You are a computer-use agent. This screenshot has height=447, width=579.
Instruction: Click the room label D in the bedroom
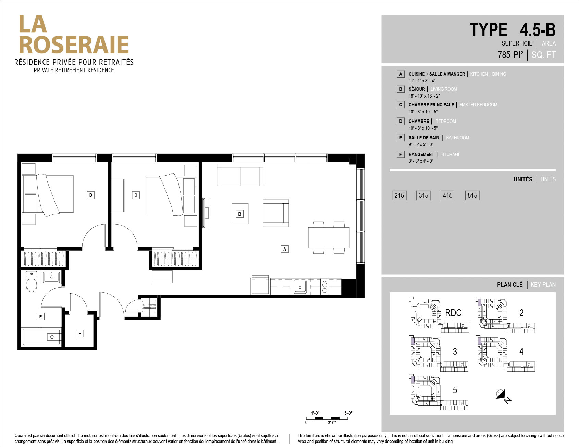[x=90, y=195]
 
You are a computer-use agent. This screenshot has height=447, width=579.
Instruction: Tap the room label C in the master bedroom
[x=136, y=195]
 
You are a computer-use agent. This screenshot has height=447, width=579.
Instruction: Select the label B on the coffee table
[x=239, y=214]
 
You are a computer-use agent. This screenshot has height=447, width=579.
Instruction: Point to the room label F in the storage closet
[x=79, y=333]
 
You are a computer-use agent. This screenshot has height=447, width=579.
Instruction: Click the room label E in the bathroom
[x=40, y=317]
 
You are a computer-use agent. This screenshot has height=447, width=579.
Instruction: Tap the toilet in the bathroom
[x=32, y=281]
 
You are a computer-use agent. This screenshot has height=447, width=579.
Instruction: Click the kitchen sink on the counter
[x=300, y=286]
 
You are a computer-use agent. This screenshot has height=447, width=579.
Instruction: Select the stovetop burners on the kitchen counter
[x=325, y=287]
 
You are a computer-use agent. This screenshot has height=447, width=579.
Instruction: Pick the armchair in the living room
[x=276, y=213]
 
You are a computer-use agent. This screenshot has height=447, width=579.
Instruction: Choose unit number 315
[x=423, y=195]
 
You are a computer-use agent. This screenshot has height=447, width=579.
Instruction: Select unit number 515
[x=472, y=195]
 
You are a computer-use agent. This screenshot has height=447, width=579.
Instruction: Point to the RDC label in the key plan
[x=453, y=313]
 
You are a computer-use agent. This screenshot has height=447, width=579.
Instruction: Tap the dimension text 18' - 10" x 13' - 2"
[x=424, y=96]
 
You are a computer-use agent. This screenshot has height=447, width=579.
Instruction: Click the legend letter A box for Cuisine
[x=401, y=74]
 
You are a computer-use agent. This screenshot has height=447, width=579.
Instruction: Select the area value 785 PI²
[x=510, y=55]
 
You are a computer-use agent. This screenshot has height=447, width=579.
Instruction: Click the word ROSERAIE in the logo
[x=74, y=45]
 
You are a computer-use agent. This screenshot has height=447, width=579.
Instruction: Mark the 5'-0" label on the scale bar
[x=348, y=413]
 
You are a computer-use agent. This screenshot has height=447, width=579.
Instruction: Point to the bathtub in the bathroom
[x=41, y=337]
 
